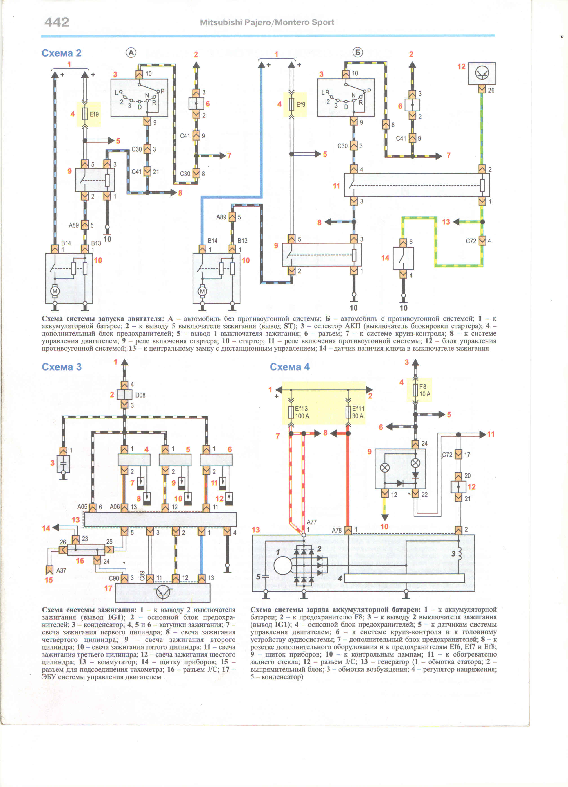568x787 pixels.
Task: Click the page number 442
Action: click(57, 22)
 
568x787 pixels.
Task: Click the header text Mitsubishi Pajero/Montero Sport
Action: click(267, 22)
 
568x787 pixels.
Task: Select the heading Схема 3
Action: click(62, 367)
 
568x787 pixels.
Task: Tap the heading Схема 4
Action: click(290, 367)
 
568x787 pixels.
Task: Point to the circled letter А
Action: click(131, 53)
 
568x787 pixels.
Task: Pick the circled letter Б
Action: click(358, 52)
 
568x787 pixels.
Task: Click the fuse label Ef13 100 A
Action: click(302, 412)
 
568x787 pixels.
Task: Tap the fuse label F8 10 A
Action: click(425, 390)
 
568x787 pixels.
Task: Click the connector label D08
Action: click(140, 395)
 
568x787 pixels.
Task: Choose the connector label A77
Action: click(311, 522)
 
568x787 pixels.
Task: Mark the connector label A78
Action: click(337, 530)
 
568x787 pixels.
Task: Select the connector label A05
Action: click(82, 507)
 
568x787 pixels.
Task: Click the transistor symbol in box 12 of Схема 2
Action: click(482, 73)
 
